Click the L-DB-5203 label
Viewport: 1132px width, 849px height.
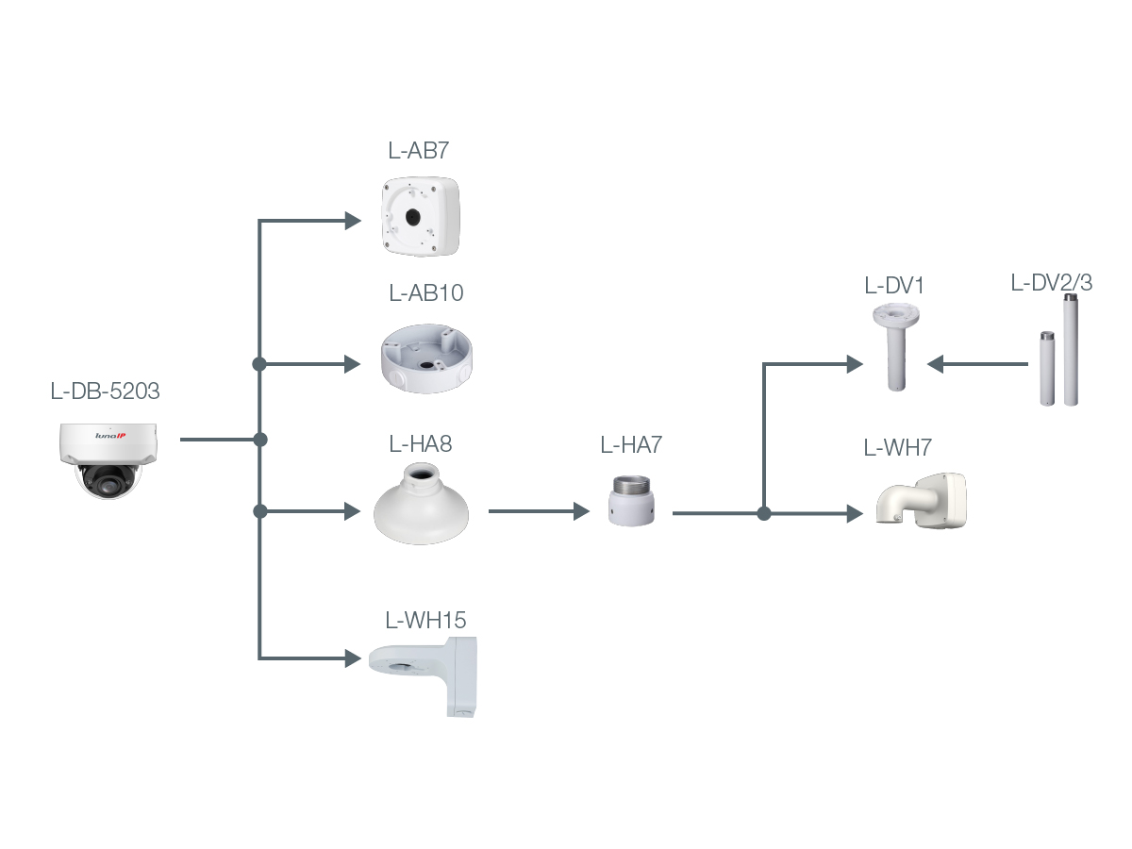(x=106, y=391)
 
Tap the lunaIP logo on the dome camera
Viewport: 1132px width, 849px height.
(x=110, y=436)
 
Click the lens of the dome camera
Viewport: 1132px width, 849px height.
(x=108, y=485)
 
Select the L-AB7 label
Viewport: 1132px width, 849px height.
(x=418, y=151)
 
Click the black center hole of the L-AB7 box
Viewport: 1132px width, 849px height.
(x=412, y=217)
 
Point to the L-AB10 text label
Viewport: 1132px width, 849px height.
(x=426, y=292)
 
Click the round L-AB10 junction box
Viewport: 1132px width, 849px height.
(x=426, y=358)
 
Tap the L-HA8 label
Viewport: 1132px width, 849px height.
(x=421, y=443)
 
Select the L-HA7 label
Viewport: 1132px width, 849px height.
(x=631, y=445)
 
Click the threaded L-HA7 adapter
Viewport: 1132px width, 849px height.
(x=631, y=501)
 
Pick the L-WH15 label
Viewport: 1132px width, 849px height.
(x=425, y=620)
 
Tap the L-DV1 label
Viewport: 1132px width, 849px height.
(x=893, y=286)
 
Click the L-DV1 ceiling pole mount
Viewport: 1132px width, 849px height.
(x=896, y=347)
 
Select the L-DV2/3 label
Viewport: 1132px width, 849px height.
(x=1052, y=283)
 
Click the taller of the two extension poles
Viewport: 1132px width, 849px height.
(x=1071, y=349)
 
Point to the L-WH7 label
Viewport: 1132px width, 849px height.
(x=897, y=448)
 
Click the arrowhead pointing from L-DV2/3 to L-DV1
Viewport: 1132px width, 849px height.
(x=935, y=364)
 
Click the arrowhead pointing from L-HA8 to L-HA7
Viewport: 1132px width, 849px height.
(x=582, y=511)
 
